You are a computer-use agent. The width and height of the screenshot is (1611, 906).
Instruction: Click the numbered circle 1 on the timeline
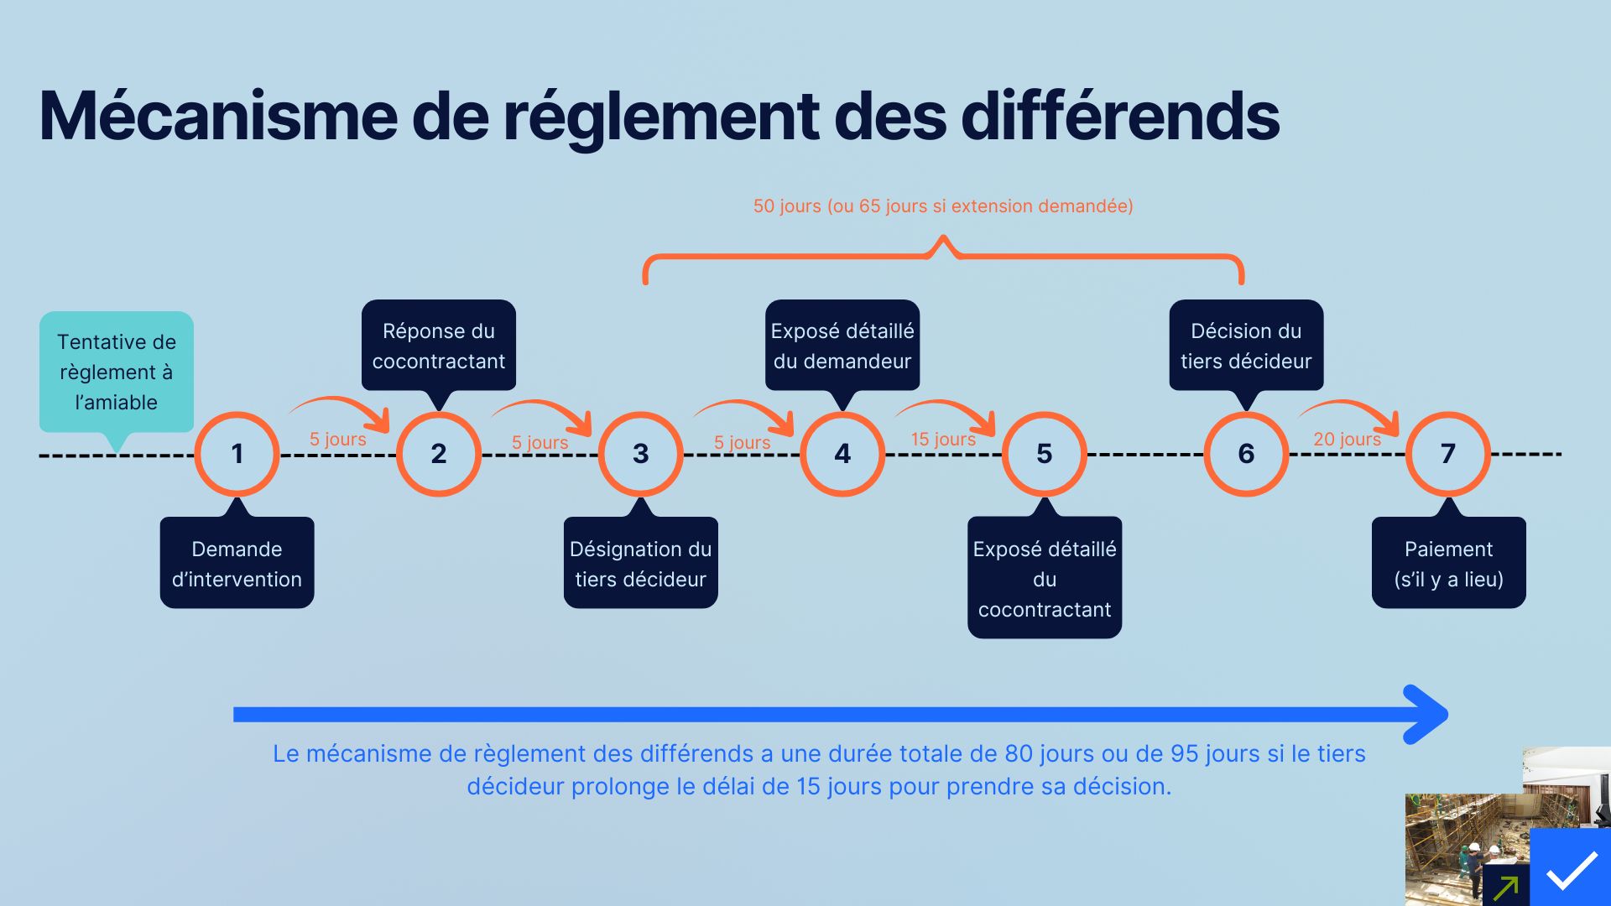[237, 454]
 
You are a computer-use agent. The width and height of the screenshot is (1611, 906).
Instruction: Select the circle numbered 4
[842, 454]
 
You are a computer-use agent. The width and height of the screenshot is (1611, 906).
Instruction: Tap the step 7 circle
[1448, 454]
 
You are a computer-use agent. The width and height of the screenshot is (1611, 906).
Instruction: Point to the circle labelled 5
[1045, 454]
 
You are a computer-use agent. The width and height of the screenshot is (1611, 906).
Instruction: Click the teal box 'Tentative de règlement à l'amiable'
[117, 372]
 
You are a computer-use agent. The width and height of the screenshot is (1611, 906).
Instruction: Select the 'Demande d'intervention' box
[237, 563]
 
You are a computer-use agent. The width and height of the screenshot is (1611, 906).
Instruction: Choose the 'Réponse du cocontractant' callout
[439, 346]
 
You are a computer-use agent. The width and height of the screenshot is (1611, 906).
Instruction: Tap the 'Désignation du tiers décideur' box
[640, 563]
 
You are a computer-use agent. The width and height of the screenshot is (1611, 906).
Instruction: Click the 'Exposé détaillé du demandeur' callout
[842, 346]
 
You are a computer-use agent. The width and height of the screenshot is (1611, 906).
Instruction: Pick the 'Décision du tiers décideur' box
[1246, 346]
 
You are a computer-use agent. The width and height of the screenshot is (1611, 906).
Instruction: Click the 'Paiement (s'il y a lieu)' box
[1448, 563]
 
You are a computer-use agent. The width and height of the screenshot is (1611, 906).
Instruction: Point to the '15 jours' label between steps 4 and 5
[943, 440]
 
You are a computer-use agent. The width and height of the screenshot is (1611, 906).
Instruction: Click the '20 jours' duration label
[1347, 440]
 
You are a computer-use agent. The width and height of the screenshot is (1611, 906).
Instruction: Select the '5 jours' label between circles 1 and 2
[337, 440]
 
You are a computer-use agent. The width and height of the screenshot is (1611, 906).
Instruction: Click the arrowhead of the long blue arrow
[1431, 715]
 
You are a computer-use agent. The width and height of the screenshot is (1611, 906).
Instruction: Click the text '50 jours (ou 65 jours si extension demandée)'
[943, 206]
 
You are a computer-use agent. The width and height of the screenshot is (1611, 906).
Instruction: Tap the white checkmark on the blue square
[1572, 871]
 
